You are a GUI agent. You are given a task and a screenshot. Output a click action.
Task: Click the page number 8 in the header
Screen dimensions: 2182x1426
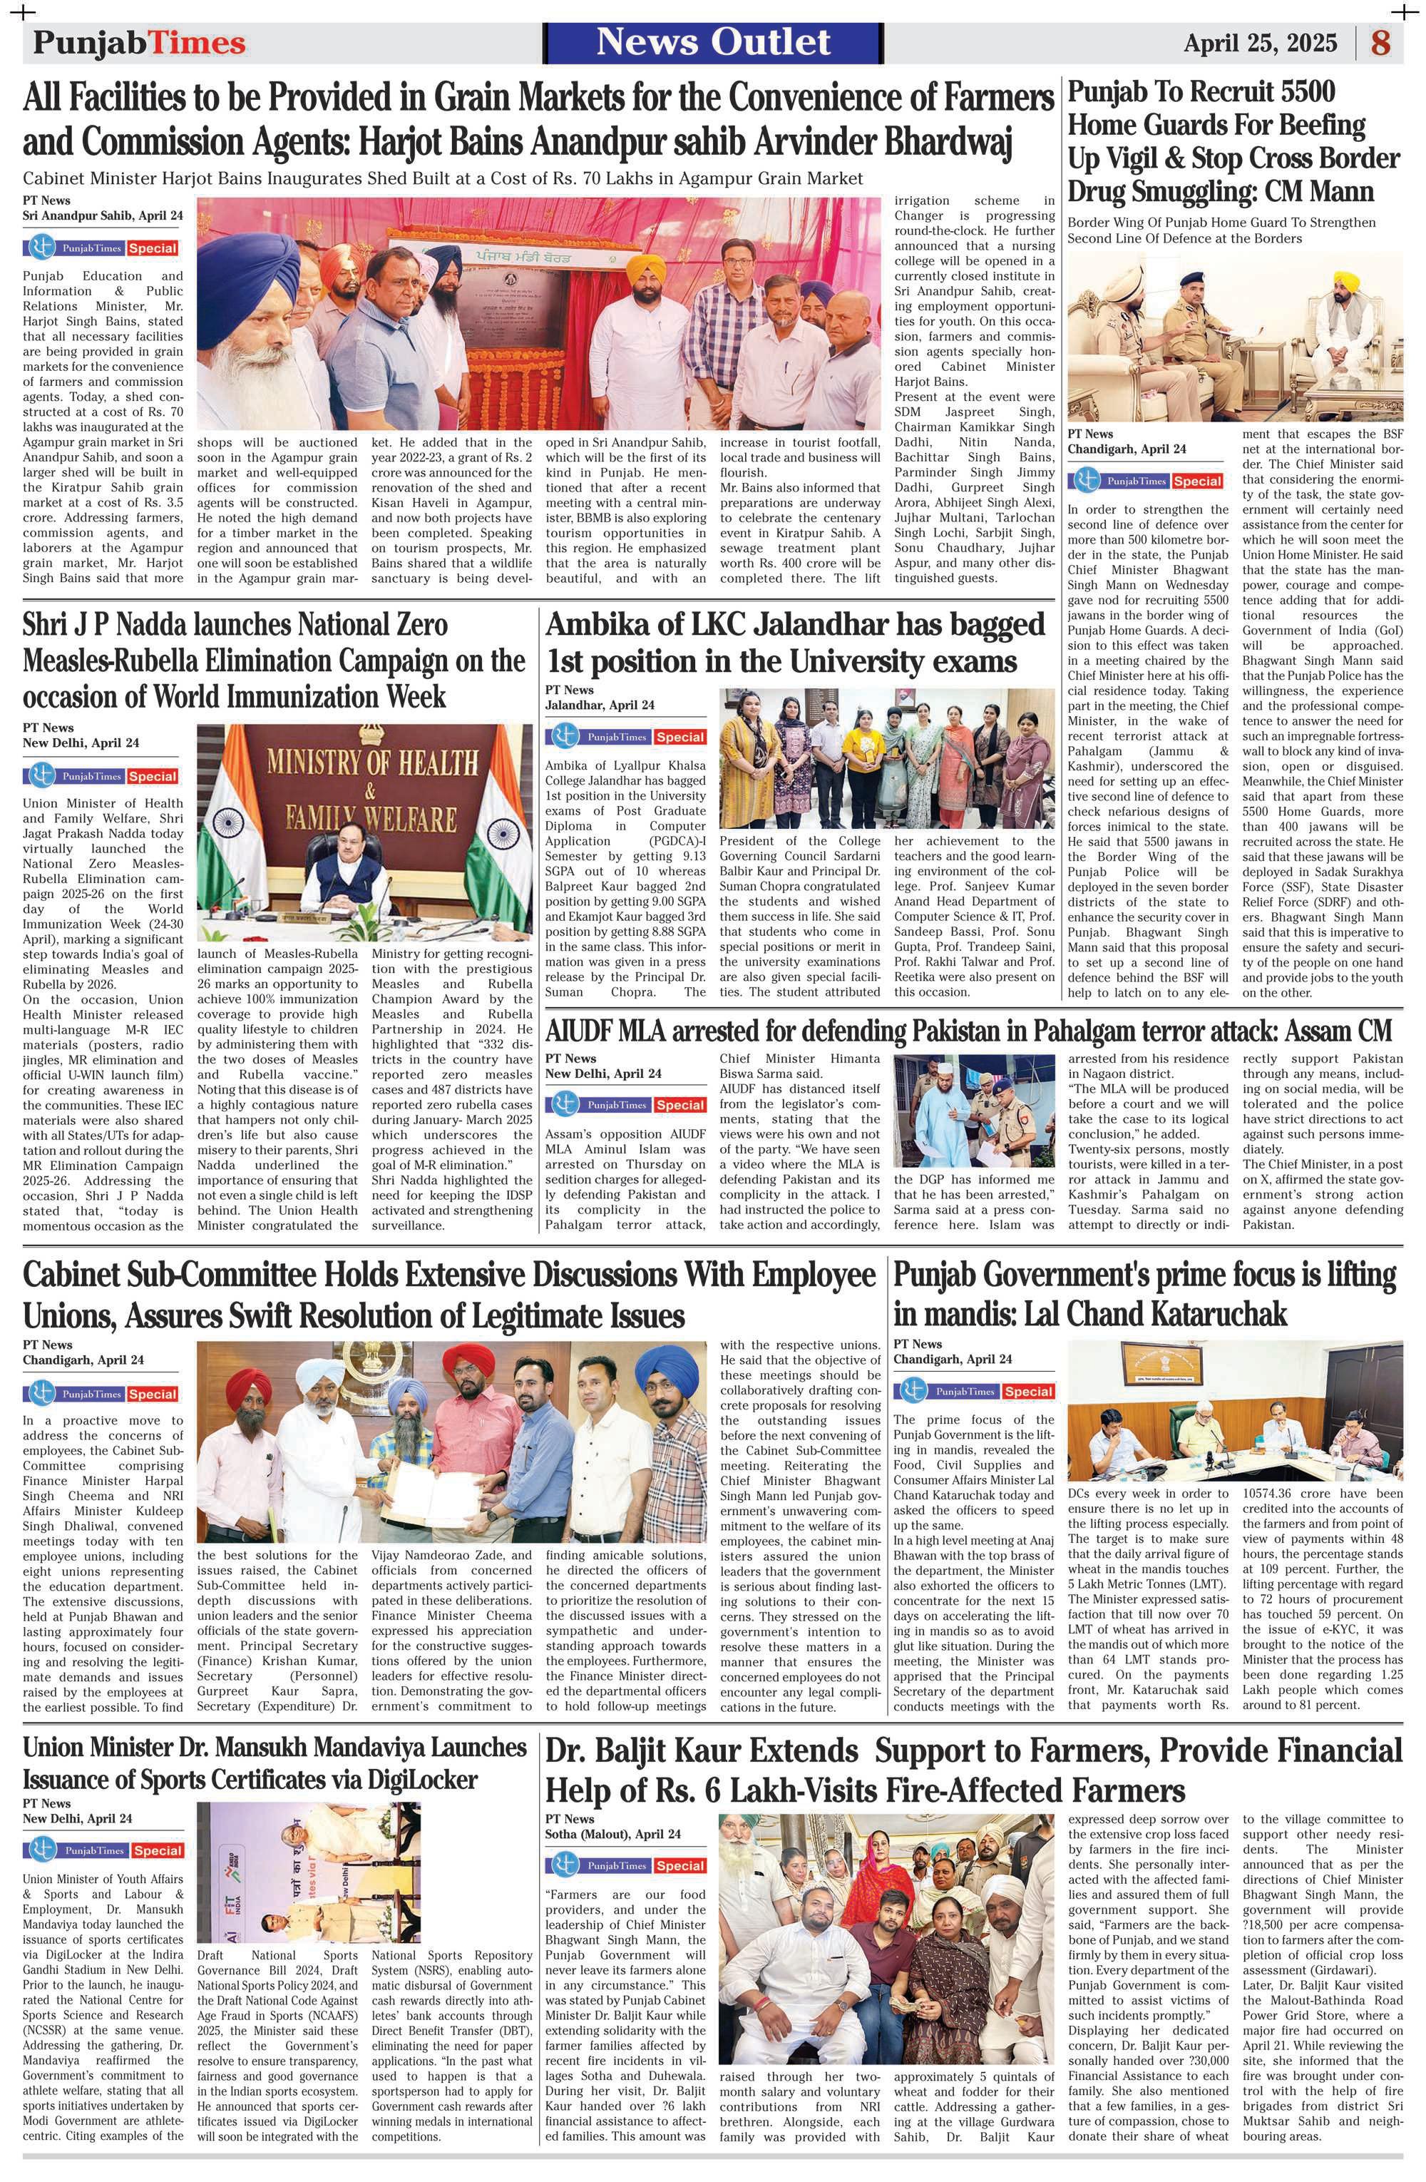[x=1381, y=43]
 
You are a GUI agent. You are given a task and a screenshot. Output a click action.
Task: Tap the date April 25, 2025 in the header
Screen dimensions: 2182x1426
[x=1259, y=43]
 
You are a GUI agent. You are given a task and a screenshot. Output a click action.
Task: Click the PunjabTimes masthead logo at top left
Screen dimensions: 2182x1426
[x=139, y=43]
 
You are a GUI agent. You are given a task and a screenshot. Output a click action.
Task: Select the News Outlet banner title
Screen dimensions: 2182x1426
[x=713, y=42]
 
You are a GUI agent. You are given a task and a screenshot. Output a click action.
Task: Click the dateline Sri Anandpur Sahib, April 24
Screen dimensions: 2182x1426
[x=103, y=215]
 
